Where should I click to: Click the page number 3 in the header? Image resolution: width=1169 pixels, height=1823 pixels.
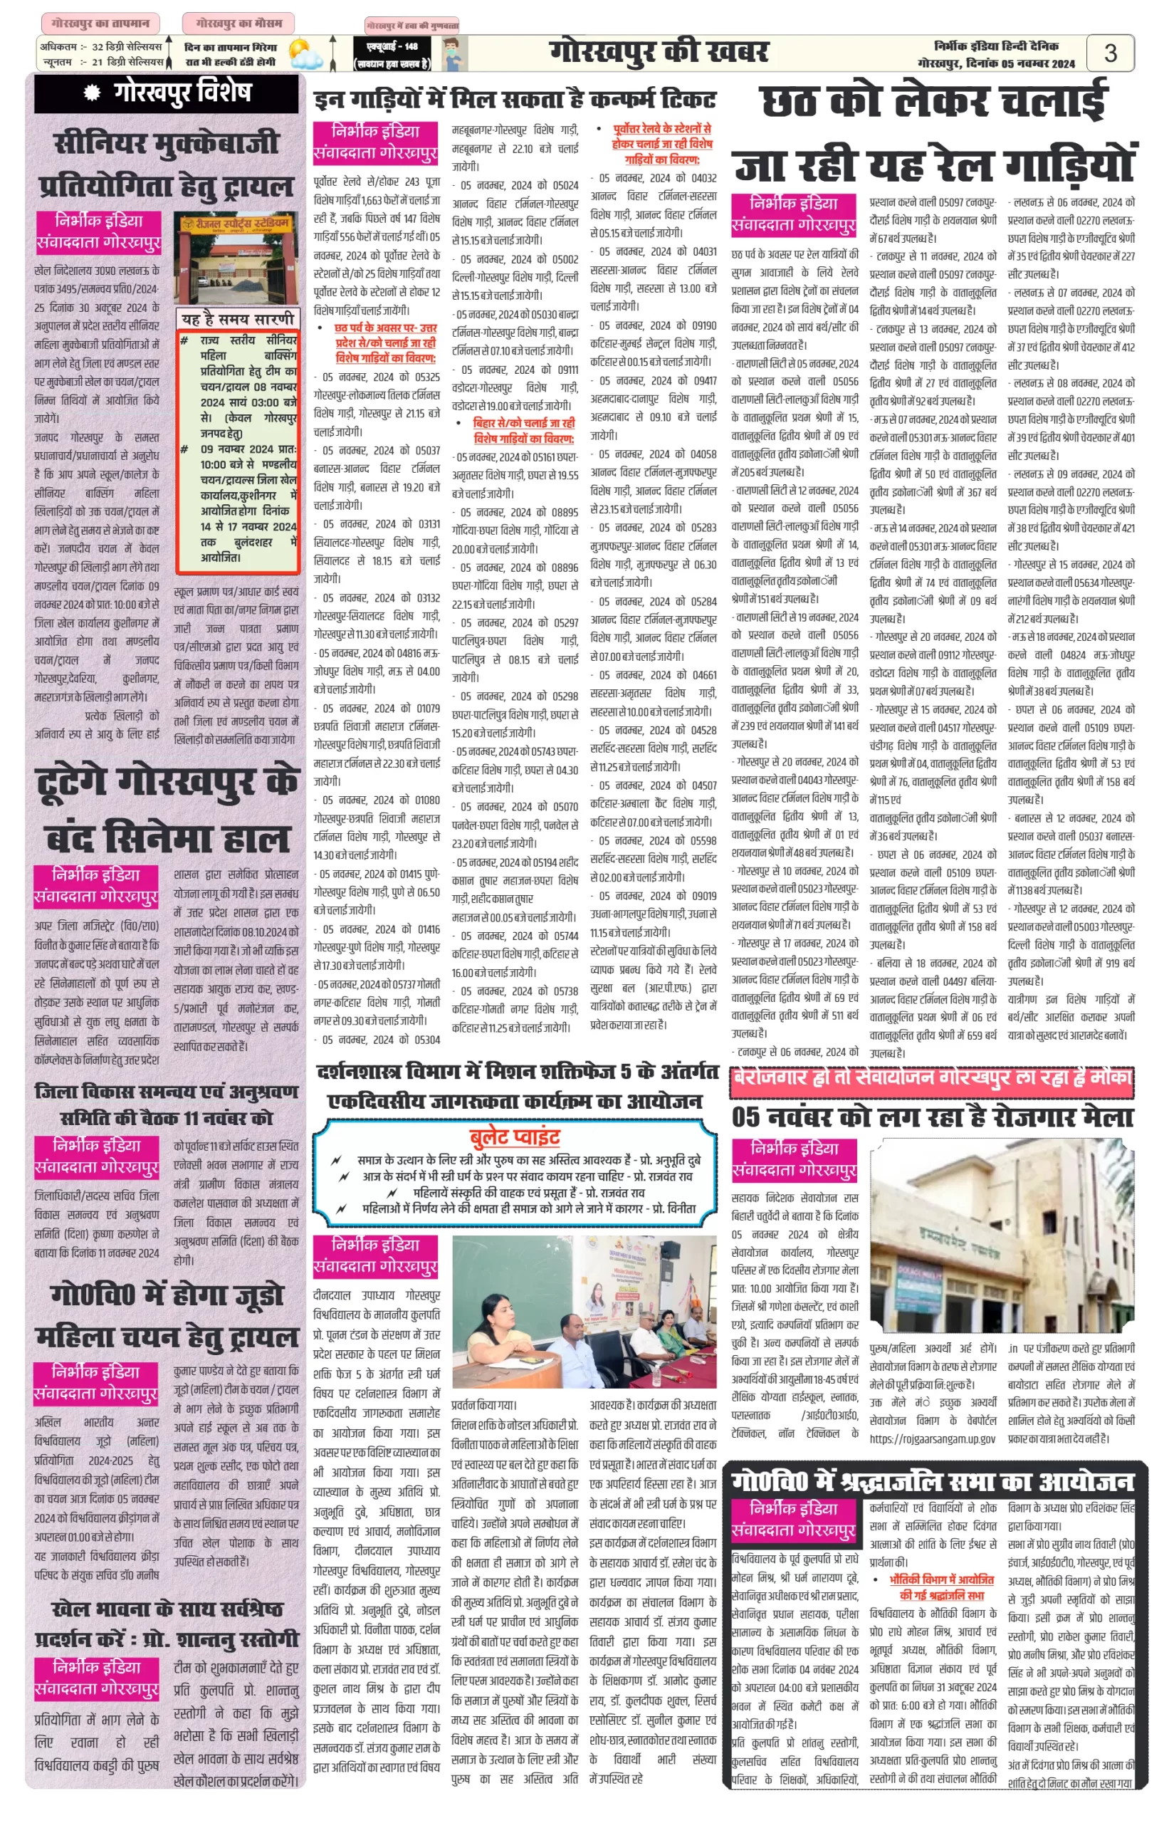point(1110,53)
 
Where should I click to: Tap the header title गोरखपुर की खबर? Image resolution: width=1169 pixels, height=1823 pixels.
point(659,52)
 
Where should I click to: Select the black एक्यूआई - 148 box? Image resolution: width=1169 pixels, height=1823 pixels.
point(392,55)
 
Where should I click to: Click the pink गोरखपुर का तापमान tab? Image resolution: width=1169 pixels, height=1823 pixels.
point(101,23)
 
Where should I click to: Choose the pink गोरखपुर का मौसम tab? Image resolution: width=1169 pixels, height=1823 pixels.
point(238,23)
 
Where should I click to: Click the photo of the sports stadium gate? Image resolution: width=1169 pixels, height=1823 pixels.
point(236,259)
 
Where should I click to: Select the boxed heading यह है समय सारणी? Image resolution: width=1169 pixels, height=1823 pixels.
point(238,319)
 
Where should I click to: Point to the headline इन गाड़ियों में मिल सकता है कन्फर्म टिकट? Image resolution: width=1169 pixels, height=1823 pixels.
point(515,100)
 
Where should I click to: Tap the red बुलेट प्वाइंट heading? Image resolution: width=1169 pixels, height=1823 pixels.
point(515,1136)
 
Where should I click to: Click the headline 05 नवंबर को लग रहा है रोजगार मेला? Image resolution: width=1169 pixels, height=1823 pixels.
point(933,1117)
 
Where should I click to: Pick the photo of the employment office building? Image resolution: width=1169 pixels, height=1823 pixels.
point(1002,1236)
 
